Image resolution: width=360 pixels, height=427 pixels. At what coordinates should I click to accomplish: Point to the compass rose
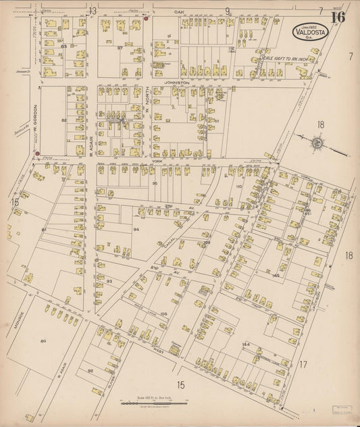click(x=316, y=143)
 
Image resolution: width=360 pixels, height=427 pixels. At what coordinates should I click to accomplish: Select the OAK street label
click(x=180, y=11)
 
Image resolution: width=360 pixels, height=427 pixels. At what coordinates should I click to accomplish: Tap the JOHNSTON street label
click(x=176, y=80)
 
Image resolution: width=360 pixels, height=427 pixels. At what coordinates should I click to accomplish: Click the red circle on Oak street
click(x=146, y=20)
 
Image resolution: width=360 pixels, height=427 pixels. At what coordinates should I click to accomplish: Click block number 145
click(x=276, y=276)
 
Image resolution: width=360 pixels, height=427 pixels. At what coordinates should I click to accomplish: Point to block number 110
click(x=238, y=186)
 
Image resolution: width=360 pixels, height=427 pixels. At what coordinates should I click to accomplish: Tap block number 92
click(x=90, y=370)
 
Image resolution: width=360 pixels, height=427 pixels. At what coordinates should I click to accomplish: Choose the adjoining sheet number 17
click(x=303, y=366)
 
